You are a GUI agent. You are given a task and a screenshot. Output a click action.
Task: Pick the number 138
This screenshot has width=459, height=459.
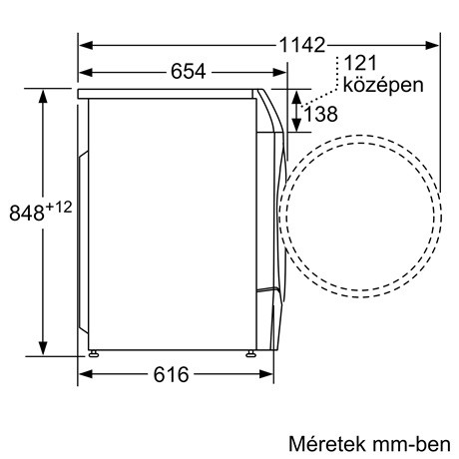point(319,114)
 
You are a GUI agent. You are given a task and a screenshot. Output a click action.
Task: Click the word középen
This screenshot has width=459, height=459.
point(382,85)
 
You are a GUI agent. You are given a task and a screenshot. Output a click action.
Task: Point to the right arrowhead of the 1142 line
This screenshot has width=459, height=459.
point(435,46)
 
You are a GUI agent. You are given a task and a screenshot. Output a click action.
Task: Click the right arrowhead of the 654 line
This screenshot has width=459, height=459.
point(275,72)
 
